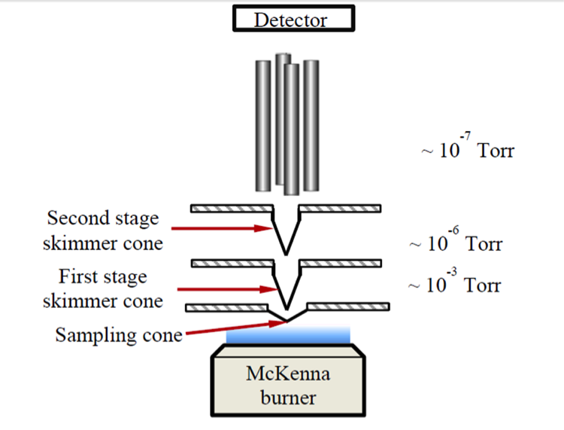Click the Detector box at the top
tap(290, 20)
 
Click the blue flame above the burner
tap(290, 336)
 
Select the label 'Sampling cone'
tap(119, 335)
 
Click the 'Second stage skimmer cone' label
tap(103, 230)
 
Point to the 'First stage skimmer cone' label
tap(102, 289)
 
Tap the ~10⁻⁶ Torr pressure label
tap(455, 242)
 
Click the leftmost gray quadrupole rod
tap(263, 124)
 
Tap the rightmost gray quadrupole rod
tap(311, 124)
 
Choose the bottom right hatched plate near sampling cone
tap(349, 306)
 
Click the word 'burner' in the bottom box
tap(290, 396)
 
